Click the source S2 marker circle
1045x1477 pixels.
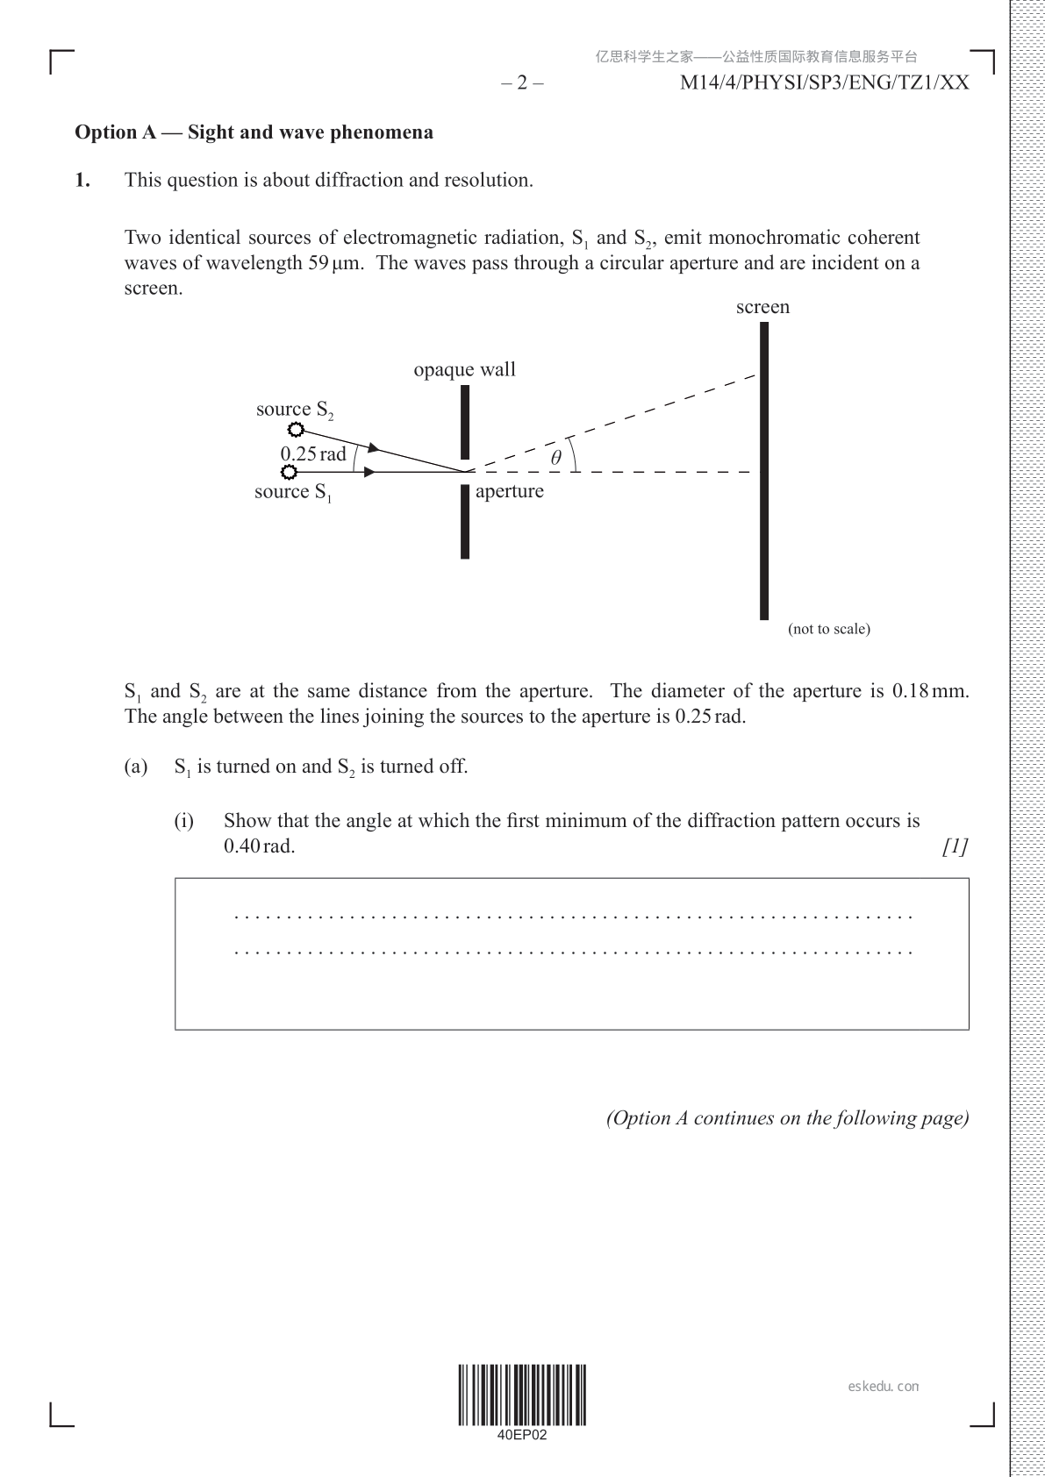(296, 430)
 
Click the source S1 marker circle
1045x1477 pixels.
(289, 472)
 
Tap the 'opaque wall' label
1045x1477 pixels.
(464, 370)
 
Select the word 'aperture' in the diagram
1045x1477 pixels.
(509, 491)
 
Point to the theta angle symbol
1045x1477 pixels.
(555, 458)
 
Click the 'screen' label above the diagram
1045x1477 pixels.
(762, 307)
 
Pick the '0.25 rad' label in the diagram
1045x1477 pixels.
(313, 454)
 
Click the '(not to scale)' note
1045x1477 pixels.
(828, 629)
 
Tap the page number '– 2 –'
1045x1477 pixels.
(522, 83)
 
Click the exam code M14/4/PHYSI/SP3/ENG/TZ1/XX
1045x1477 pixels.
(825, 83)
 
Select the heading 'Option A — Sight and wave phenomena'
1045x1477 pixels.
(254, 132)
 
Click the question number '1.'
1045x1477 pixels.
(82, 181)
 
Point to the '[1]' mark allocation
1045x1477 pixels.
(955, 846)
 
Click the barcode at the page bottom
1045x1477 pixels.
(522, 1395)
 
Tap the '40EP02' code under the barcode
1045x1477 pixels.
(522, 1436)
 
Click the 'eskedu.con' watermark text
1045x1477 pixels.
(884, 1387)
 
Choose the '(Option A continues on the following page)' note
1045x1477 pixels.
(787, 1118)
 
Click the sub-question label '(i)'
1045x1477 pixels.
(183, 821)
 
